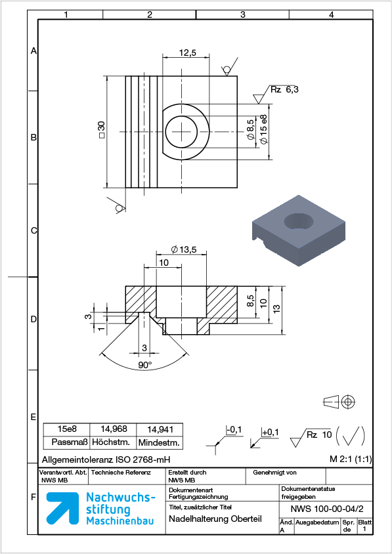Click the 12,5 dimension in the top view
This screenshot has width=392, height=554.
point(187,53)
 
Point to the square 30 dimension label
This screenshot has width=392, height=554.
point(102,130)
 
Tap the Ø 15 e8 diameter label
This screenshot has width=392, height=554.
point(264,129)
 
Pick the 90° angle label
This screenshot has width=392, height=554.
point(144,366)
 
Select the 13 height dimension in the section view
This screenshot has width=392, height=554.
point(277,308)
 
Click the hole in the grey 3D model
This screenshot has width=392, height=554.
point(299,221)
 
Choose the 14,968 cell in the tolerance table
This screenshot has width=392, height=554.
point(114,429)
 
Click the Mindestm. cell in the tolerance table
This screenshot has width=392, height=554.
point(160,442)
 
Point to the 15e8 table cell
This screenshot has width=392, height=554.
point(67,429)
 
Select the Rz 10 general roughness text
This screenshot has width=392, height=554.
point(319,435)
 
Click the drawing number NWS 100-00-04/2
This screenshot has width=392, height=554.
point(326,509)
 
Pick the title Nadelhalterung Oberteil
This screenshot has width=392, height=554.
point(215,519)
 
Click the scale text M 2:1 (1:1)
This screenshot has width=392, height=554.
point(350,459)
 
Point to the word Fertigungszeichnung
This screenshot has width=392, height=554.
point(198,497)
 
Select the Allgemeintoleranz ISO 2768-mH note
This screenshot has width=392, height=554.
point(106,459)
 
